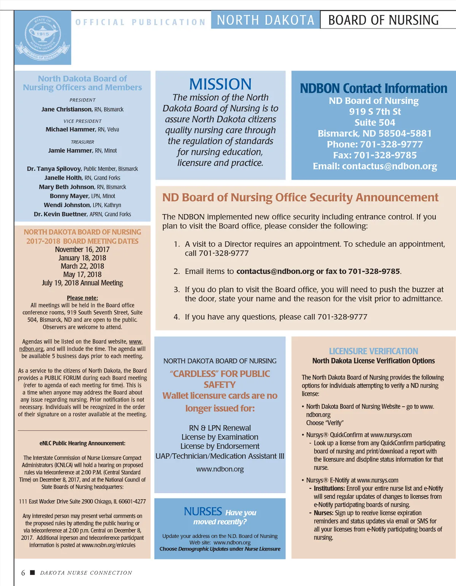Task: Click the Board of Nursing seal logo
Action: click(x=43, y=38)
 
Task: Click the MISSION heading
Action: click(x=220, y=84)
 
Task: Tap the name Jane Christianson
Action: click(x=66, y=110)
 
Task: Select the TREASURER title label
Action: click(x=82, y=142)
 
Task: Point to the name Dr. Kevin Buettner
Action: click(x=60, y=214)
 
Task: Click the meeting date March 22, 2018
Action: click(x=82, y=266)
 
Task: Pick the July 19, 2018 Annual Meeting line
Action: click(x=82, y=283)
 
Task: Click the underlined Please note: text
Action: click(x=82, y=298)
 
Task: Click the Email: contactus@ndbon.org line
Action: click(x=375, y=166)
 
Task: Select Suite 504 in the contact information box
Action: click(x=375, y=123)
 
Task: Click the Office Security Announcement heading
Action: click(x=300, y=197)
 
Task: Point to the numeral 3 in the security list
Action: click(x=177, y=290)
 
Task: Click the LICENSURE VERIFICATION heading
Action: click(x=373, y=351)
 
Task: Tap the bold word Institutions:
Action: click(x=329, y=489)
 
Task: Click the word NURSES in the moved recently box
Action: click(x=203, y=512)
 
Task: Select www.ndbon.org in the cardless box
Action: click(x=220, y=469)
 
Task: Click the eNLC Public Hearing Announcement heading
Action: click(x=82, y=443)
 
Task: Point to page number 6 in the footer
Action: click(x=23, y=573)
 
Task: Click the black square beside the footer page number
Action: click(x=32, y=572)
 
